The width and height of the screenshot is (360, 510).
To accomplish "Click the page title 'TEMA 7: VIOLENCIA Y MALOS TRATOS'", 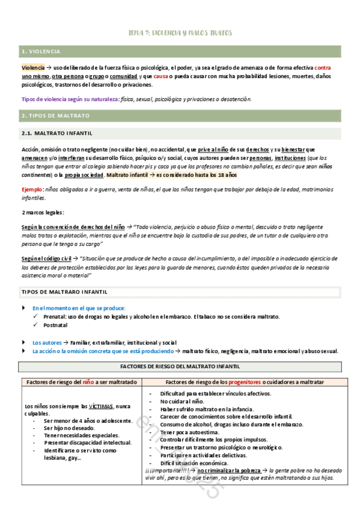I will pos(180,32).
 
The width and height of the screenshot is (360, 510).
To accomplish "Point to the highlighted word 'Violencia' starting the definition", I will pos(33,68).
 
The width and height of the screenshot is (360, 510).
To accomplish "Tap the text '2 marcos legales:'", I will pos(43,212).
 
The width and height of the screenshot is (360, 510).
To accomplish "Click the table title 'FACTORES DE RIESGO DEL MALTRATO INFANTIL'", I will pos(180,366).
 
